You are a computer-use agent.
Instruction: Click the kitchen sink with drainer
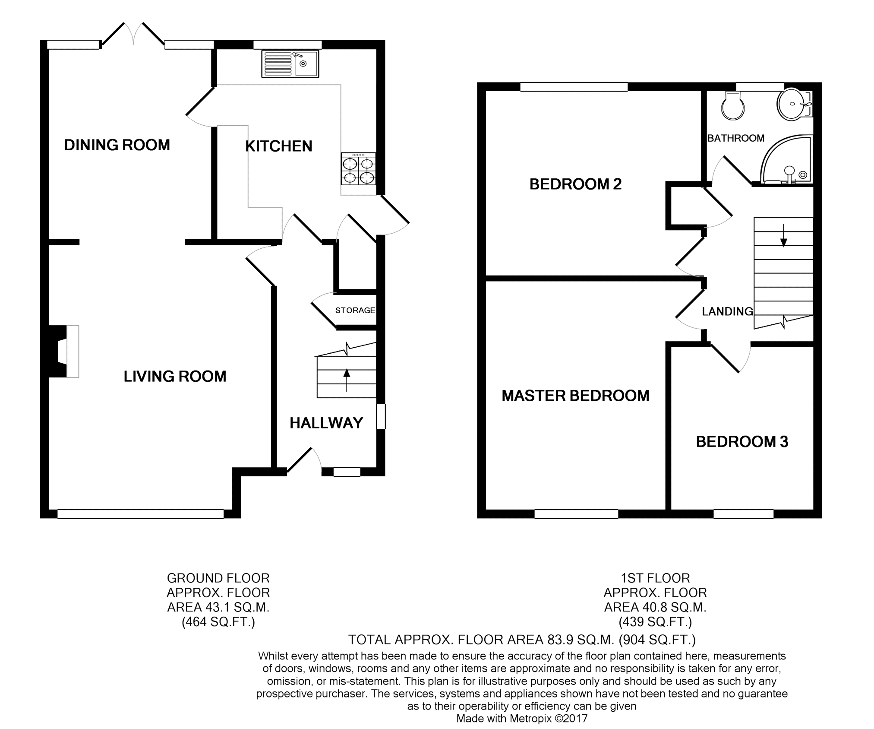click(x=290, y=64)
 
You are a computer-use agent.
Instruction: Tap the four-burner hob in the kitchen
click(x=358, y=169)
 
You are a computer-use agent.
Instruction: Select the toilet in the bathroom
click(x=733, y=105)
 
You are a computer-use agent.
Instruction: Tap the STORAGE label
click(x=355, y=310)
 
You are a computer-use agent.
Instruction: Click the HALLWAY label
click(x=326, y=423)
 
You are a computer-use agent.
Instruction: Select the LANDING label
click(x=727, y=311)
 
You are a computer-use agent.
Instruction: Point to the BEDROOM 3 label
click(x=742, y=442)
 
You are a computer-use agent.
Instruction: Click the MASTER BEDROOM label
click(x=575, y=396)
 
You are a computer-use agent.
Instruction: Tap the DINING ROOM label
click(x=117, y=145)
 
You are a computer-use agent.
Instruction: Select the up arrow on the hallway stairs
click(x=347, y=380)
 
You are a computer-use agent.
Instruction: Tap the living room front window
click(x=141, y=513)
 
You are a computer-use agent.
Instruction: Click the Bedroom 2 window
click(x=574, y=87)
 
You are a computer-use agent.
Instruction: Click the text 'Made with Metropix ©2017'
click(x=522, y=719)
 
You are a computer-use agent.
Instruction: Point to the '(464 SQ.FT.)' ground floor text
click(x=218, y=622)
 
